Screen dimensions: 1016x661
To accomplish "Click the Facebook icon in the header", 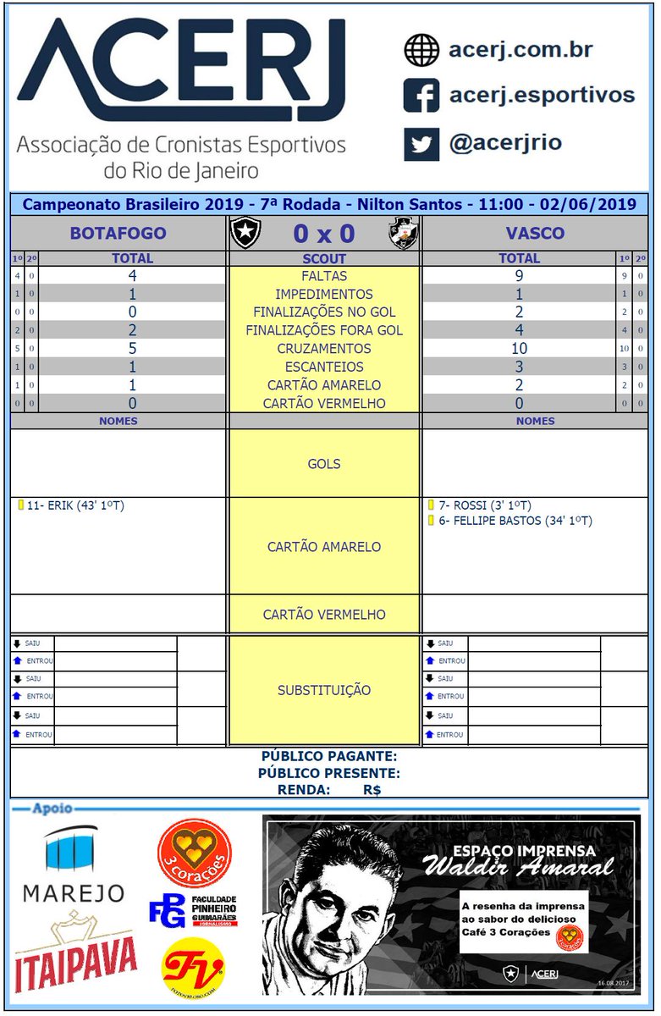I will (421, 96).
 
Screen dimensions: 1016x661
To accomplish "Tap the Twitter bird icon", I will (421, 143).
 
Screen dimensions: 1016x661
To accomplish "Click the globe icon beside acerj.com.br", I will (421, 50).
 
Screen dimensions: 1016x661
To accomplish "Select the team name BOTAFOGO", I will (118, 233).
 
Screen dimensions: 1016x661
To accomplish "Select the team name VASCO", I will (535, 233).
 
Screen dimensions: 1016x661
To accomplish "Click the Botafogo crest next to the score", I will (246, 234).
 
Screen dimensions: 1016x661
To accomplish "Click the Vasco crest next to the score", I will (403, 234).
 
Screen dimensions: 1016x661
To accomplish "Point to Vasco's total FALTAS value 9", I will (519, 276).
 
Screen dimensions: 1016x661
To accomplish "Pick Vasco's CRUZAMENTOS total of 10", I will (519, 349).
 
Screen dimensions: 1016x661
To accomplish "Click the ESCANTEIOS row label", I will (324, 367).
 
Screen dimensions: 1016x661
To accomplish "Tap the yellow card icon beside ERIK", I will (19, 505).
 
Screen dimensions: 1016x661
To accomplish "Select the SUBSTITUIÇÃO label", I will (324, 691).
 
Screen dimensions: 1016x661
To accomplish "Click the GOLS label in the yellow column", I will (324, 464).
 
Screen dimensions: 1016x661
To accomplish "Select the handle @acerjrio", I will (505, 143).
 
